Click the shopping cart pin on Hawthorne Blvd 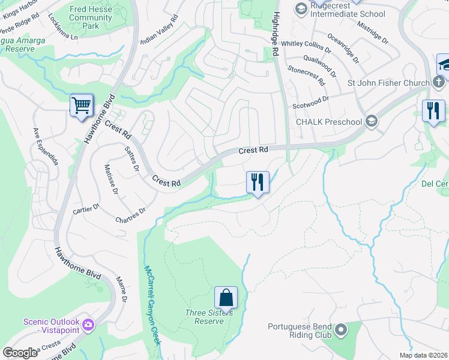tap(82, 106)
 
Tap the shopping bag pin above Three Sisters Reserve tap(226, 298)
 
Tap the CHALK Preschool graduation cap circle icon tap(371, 122)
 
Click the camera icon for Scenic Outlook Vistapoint tap(89, 325)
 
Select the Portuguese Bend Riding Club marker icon tap(341, 331)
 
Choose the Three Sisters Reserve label tap(205, 317)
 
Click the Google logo tap(20, 353)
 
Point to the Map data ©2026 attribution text tap(423, 355)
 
